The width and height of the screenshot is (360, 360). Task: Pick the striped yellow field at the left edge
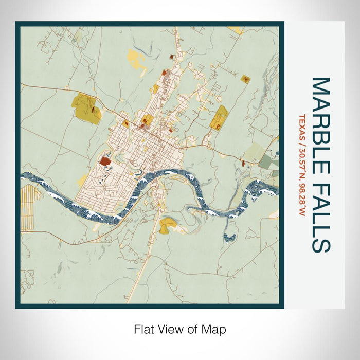tap(26, 206)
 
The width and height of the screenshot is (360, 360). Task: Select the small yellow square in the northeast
tap(245, 79)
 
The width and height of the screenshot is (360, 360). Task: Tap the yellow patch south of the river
tap(168, 225)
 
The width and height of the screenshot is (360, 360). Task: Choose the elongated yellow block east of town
tap(220, 117)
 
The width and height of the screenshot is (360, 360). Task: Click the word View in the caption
tap(178, 329)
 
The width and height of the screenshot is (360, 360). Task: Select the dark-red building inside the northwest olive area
tap(93, 110)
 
